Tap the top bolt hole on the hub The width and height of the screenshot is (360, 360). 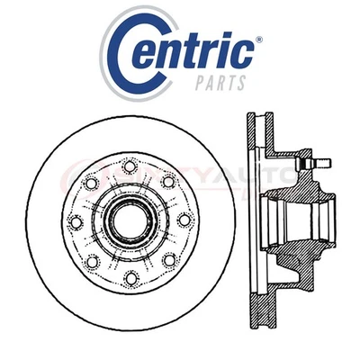tap(130, 164)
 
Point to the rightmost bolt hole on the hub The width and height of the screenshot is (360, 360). tap(184, 219)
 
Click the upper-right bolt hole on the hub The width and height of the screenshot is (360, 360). tap(167, 180)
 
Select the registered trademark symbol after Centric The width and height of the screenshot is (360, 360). tap(259, 40)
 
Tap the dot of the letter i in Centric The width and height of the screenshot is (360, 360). tap(225, 39)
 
